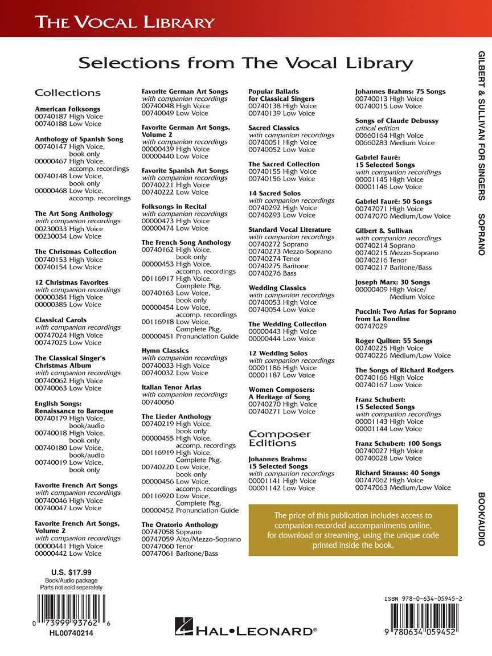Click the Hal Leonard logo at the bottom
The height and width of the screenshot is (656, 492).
click(x=245, y=629)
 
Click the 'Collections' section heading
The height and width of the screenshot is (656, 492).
click(x=67, y=93)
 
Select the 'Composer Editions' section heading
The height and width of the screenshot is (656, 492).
click(x=280, y=438)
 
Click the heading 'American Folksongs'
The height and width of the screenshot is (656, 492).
click(x=67, y=109)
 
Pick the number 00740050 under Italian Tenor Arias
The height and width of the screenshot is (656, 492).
click(x=158, y=402)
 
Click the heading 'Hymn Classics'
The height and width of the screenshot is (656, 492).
click(x=165, y=351)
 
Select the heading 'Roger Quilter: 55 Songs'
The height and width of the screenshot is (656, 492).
click(x=393, y=341)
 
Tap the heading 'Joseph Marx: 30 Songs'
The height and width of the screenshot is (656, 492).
click(x=392, y=282)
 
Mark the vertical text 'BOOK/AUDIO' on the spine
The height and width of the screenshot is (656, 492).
click(x=481, y=519)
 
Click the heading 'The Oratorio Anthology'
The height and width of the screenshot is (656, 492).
click(x=179, y=524)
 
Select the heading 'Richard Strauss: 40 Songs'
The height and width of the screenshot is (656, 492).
click(x=397, y=473)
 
